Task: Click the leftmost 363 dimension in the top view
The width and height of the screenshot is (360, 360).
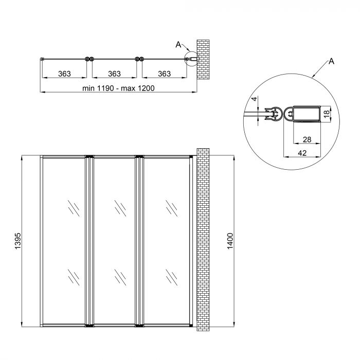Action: point(64,74)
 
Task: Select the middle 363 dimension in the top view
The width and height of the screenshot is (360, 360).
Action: point(114,74)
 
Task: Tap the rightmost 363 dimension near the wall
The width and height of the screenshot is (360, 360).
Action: point(164,74)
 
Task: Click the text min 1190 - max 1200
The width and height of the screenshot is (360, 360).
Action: point(119,88)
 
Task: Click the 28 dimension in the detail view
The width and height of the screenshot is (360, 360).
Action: point(307,140)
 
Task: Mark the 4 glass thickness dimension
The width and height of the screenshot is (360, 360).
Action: point(254,99)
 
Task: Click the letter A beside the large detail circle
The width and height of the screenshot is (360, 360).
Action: point(331,62)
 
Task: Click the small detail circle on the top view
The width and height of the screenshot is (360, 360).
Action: point(190,59)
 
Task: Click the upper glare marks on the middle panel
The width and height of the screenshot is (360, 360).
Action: point(120,208)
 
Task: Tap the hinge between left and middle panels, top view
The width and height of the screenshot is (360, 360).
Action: point(89,60)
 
